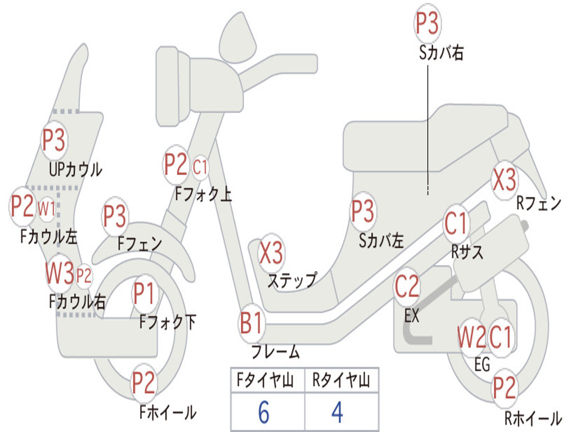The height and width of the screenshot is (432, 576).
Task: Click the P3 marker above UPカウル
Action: pyautogui.click(x=53, y=140)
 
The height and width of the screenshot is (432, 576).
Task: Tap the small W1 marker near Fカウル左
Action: pyautogui.click(x=47, y=209)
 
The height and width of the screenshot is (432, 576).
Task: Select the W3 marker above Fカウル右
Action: pyautogui.click(x=60, y=273)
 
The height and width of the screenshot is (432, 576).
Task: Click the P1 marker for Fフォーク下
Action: pyautogui.click(x=143, y=294)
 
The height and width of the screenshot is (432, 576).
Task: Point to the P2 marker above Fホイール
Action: pyautogui.click(x=143, y=382)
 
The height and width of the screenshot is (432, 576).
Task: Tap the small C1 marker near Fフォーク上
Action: pyautogui.click(x=200, y=168)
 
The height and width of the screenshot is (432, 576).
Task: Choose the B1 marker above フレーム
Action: pyautogui.click(x=251, y=323)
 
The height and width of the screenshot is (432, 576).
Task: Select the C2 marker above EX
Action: pyautogui.click(x=407, y=286)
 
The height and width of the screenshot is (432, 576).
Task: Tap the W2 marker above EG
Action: pyautogui.click(x=472, y=337)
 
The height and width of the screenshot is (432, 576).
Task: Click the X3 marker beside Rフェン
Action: pyautogui.click(x=504, y=179)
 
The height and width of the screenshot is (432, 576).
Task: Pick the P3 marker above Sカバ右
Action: pyautogui.click(x=427, y=22)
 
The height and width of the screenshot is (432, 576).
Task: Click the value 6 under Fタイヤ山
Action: pyautogui.click(x=263, y=412)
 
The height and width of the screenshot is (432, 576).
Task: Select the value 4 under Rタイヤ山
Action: pyautogui.click(x=337, y=412)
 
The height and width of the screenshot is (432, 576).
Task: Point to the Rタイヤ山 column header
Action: pyautogui.click(x=341, y=380)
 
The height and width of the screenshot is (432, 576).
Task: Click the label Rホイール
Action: pyautogui.click(x=533, y=418)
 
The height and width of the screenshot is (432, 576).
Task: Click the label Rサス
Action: pyautogui.click(x=467, y=252)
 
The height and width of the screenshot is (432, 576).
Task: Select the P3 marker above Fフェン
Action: pyautogui.click(x=115, y=215)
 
